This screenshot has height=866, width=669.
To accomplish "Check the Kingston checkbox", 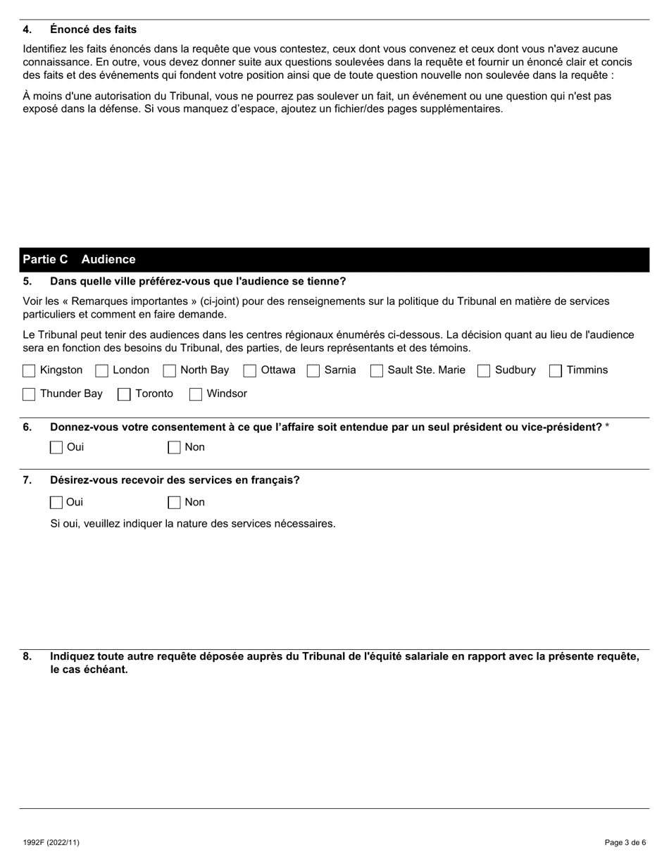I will click(x=29, y=371).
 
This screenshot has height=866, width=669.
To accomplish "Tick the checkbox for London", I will click(x=101, y=371).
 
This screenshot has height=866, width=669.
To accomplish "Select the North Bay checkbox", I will click(x=169, y=371).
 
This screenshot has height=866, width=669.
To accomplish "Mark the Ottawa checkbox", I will click(x=249, y=371).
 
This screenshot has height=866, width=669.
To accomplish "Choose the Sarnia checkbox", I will click(x=313, y=371).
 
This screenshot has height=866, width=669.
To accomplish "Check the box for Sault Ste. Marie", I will click(x=377, y=371).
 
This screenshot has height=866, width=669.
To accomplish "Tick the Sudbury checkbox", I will click(x=484, y=371).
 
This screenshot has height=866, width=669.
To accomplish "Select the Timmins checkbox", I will click(x=556, y=371).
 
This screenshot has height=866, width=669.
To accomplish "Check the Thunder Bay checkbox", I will click(x=29, y=394).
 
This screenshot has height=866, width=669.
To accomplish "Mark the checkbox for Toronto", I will click(x=124, y=394).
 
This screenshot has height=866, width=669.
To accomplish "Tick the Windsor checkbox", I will click(x=196, y=394).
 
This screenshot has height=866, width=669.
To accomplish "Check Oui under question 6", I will click(x=56, y=448).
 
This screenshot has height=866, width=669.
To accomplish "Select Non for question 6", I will click(x=174, y=448).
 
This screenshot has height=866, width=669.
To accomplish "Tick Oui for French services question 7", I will click(x=56, y=503).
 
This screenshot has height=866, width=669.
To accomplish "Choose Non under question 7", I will click(x=174, y=503).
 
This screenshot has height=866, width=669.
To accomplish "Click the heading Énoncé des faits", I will click(x=93, y=30).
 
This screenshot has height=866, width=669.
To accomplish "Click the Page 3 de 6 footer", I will click(x=625, y=842).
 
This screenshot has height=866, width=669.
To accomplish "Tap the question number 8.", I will click(x=27, y=657).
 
